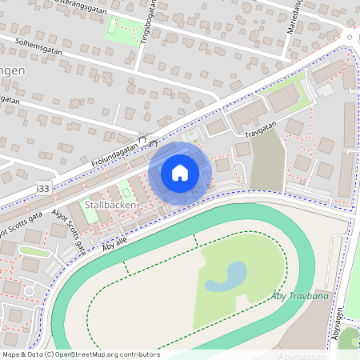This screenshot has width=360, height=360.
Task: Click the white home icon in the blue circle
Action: [x=180, y=172]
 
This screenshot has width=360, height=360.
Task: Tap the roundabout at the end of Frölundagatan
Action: [x=352, y=36]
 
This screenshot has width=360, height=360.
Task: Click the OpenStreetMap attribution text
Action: [x=80, y=354]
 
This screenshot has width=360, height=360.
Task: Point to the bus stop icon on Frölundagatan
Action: [x=145, y=142]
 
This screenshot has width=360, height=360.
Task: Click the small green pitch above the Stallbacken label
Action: [x=125, y=191]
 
